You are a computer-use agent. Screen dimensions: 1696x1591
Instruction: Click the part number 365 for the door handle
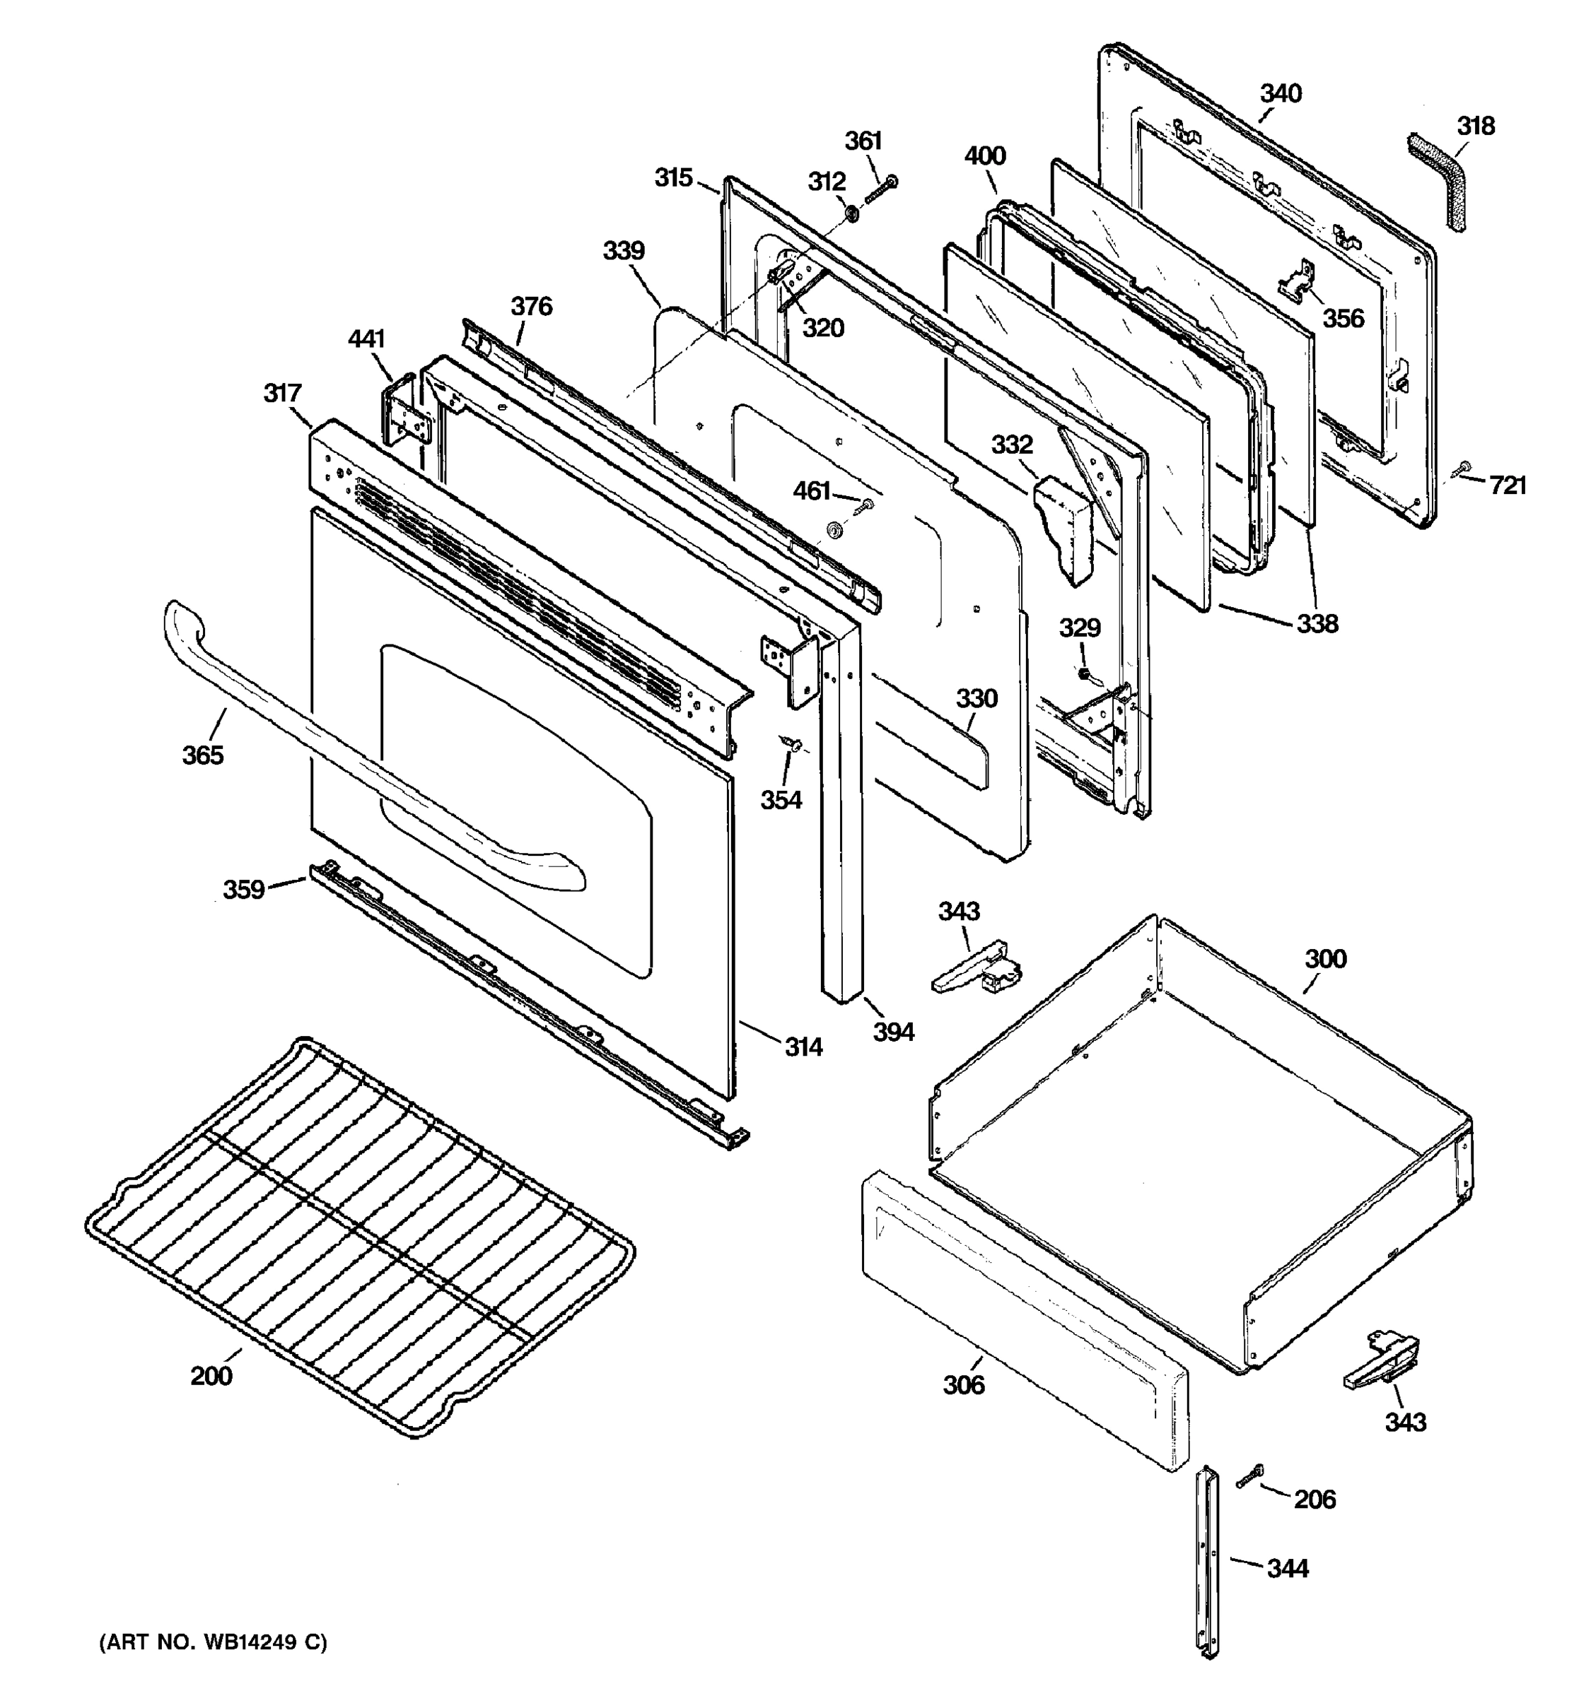click(x=202, y=754)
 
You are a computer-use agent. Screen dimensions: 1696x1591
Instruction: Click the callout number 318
click(x=1475, y=126)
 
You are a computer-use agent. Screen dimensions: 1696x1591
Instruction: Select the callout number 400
click(x=985, y=156)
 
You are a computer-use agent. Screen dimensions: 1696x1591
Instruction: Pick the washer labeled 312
click(x=851, y=211)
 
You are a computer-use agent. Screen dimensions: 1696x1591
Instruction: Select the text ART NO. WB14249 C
click(x=214, y=1641)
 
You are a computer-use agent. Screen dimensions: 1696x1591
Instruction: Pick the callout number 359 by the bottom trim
click(x=243, y=889)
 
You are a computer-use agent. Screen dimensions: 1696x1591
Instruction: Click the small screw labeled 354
click(x=791, y=745)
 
